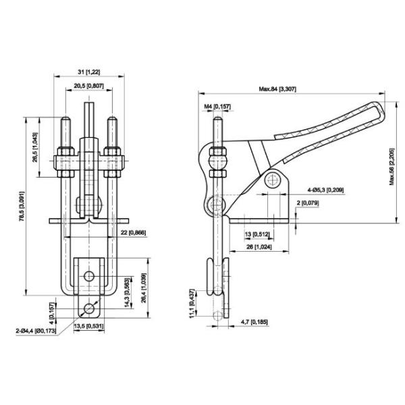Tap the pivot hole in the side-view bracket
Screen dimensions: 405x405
[272, 180]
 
